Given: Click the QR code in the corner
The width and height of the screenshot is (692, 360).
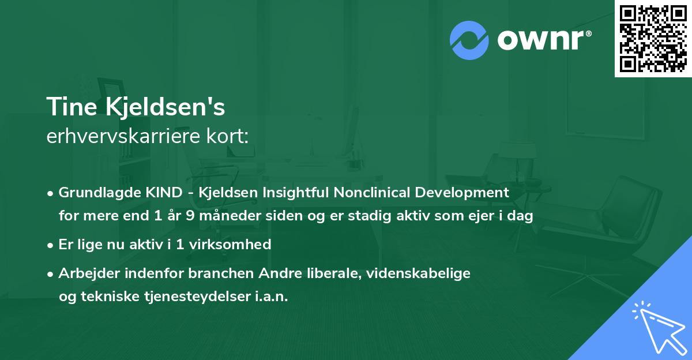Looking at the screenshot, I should click(653, 38).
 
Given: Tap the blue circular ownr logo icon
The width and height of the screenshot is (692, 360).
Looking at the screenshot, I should click(469, 40).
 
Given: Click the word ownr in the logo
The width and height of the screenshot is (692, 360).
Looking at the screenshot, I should click(543, 40).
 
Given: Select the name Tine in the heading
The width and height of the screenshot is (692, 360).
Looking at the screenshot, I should click(66, 107).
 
